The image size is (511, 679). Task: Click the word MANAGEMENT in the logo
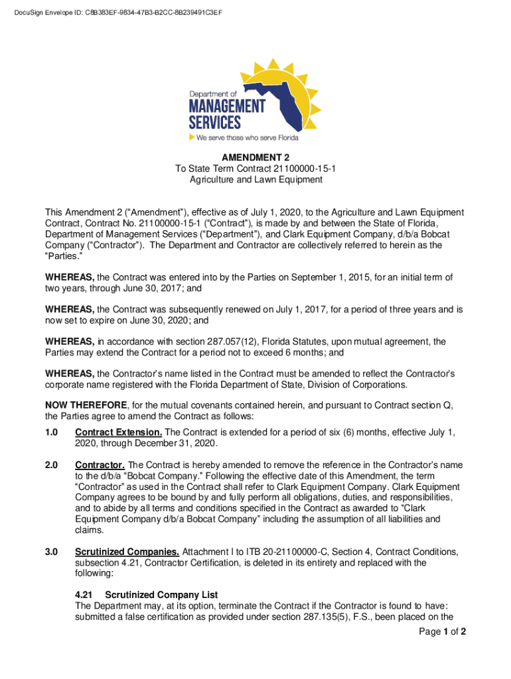coord(227,107)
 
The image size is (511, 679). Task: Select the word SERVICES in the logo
coord(215,123)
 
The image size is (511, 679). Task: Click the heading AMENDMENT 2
coord(256,158)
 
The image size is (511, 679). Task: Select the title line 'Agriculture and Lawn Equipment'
coord(256,180)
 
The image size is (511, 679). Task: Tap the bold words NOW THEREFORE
coord(86,405)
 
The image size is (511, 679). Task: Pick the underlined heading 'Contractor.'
coord(100,465)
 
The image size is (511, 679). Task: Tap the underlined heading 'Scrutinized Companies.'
coord(127,552)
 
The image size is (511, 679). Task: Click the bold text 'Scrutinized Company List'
coord(161,595)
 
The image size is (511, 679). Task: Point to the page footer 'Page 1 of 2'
coord(441,632)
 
